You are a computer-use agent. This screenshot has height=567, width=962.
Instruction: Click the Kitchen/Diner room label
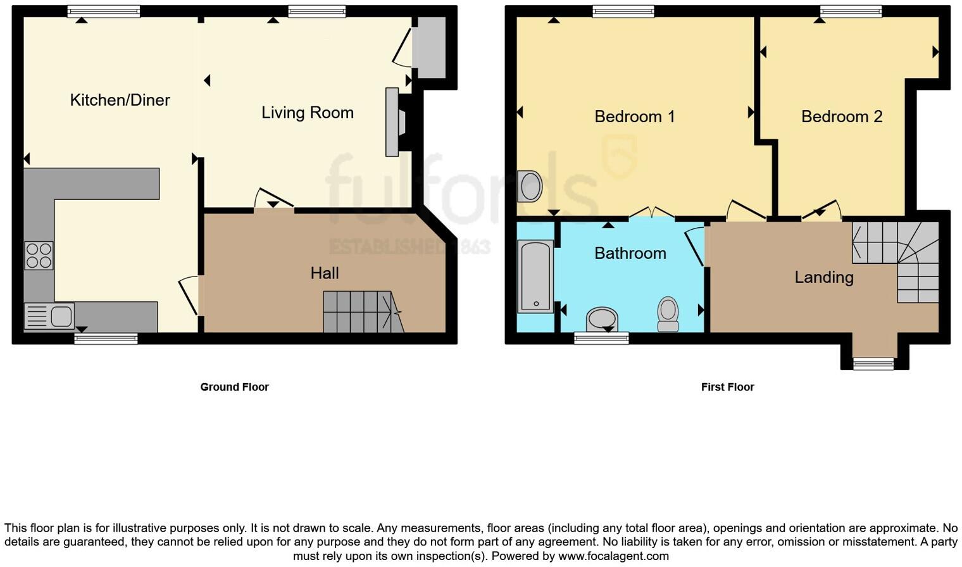click(120, 100)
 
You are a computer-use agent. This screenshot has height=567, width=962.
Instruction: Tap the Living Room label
click(308, 113)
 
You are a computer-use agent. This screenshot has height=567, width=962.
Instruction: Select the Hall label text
click(325, 273)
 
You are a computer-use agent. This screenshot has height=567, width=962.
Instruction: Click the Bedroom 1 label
click(634, 116)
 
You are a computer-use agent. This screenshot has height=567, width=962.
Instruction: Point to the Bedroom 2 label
click(841, 116)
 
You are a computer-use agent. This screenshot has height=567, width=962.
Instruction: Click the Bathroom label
click(630, 253)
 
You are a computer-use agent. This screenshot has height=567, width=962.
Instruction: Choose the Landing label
click(823, 277)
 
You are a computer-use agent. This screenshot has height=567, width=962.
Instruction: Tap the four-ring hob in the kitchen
click(39, 256)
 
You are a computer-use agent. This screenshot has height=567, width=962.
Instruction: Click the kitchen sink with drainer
click(49, 316)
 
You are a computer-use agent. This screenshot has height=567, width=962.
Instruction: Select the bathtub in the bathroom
click(535, 277)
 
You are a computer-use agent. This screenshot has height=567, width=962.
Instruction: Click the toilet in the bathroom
click(668, 313)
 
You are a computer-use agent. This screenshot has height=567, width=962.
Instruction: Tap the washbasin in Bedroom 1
click(529, 187)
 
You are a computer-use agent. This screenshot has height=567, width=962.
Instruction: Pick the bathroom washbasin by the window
click(601, 318)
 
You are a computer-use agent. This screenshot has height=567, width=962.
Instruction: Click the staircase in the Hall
click(362, 312)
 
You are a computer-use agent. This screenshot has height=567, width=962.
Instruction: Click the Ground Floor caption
click(234, 387)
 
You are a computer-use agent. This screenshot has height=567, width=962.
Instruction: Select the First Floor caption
click(727, 387)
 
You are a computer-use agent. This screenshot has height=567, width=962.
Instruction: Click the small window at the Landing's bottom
click(873, 363)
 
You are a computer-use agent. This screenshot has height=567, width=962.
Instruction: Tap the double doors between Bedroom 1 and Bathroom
click(652, 213)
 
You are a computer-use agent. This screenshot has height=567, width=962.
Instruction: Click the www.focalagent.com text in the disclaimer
click(613, 556)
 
